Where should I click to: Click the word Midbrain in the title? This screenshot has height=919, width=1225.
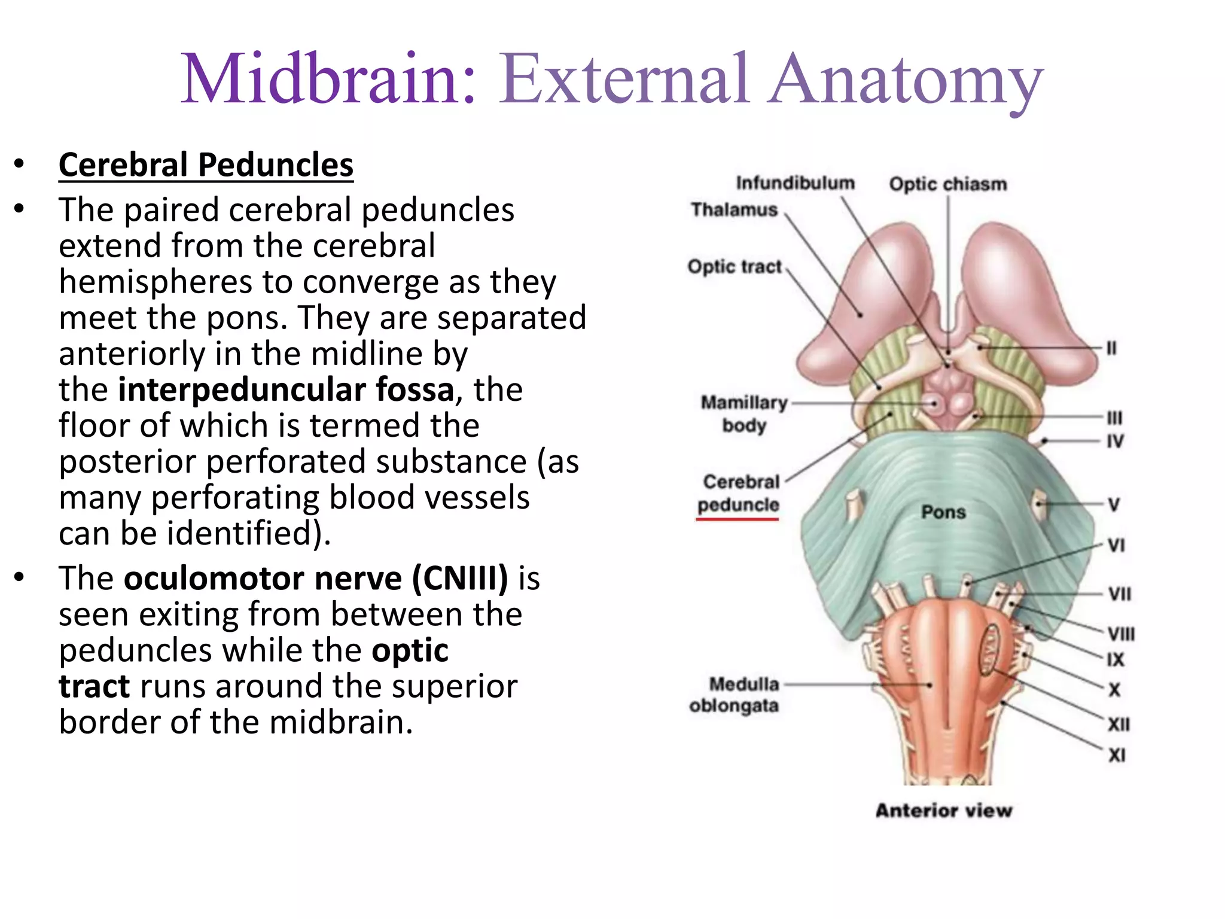coord(327,80)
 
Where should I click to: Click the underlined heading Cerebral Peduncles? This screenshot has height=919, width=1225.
coord(206,165)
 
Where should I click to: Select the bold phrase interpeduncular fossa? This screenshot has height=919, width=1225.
coord(286,389)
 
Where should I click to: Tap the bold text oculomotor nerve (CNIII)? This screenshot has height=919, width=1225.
coord(316,579)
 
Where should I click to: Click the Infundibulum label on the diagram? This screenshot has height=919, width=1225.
coord(795,182)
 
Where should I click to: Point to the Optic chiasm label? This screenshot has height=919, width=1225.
coord(947,184)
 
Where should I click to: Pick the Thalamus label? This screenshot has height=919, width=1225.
coord(734,209)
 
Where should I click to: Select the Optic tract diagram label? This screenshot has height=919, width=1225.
coord(735,266)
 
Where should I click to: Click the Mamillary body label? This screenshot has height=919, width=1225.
coord(744,413)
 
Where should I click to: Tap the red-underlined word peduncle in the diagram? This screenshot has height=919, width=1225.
coord(738,505)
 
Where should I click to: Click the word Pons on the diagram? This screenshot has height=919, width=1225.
coord(943,512)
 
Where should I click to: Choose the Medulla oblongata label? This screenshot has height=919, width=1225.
coord(735,695)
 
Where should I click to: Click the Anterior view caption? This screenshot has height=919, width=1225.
coord(944,810)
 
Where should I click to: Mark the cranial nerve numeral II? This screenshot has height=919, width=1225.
coord(1111,348)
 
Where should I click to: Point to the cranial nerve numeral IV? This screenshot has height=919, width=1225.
coord(1115,441)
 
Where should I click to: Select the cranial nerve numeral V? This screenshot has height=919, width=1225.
coord(1113,504)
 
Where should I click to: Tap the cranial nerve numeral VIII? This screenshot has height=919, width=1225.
coord(1120,634)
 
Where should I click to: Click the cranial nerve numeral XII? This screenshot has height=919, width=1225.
coord(1119,725)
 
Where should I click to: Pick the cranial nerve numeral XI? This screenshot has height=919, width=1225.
coord(1117,755)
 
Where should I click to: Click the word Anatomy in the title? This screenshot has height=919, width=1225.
coord(906,80)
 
